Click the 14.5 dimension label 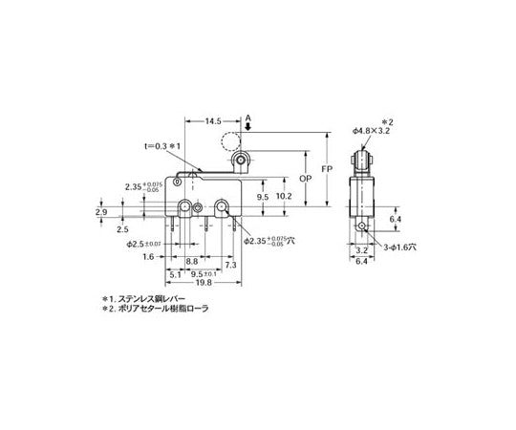click(x=214, y=122)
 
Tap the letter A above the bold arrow click(x=248, y=119)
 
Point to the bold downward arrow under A click(x=248, y=131)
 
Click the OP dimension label click(x=305, y=178)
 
